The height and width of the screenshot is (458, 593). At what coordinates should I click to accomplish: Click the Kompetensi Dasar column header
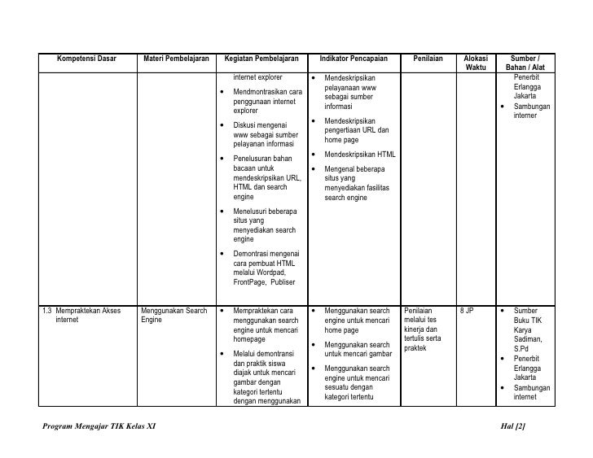click(x=86, y=59)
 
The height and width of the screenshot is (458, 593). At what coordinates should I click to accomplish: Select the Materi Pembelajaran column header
click(x=176, y=59)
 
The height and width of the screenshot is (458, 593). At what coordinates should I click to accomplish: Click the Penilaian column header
click(x=428, y=59)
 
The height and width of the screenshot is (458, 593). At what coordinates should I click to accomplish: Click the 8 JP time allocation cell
click(x=467, y=311)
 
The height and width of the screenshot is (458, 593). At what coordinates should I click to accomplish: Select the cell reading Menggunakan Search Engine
click(x=174, y=316)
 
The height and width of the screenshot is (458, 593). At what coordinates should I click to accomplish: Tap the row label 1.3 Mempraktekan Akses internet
click(x=86, y=316)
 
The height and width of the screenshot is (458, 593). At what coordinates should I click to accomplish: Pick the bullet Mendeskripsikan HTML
click(x=359, y=155)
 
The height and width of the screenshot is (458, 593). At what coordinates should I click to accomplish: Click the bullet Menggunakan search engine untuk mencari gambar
click(x=357, y=350)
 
